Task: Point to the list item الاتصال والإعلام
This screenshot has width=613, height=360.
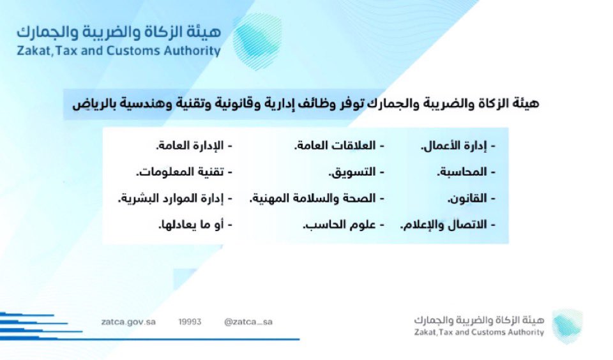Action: pyautogui.click(x=448, y=225)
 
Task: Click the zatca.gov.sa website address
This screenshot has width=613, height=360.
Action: pyautogui.click(x=128, y=322)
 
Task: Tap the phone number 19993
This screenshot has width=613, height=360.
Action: pyautogui.click(x=190, y=322)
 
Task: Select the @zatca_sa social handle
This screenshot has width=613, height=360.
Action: pyautogui.click(x=248, y=322)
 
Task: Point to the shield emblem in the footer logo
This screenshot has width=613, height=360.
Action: pyautogui.click(x=567, y=326)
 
